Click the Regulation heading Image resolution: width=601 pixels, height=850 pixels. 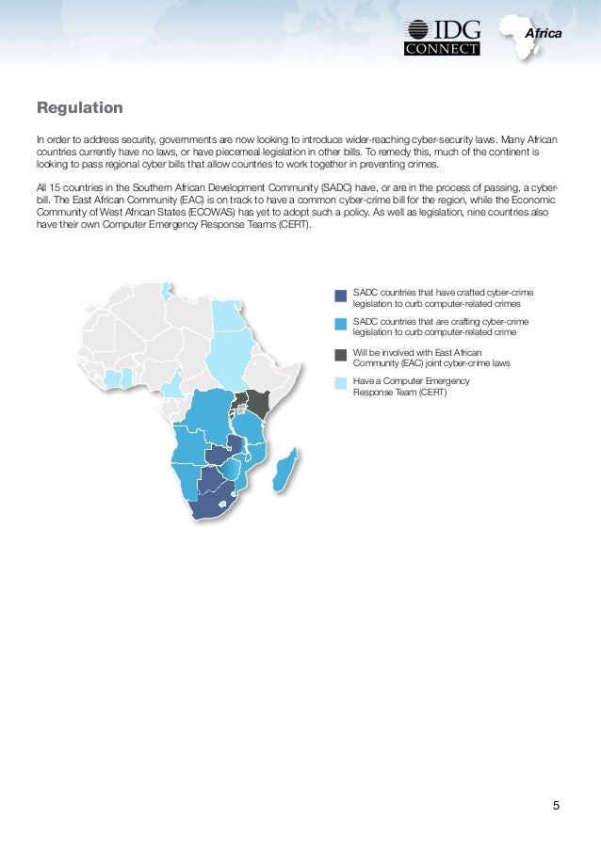point(79,107)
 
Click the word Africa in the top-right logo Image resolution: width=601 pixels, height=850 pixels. point(542,34)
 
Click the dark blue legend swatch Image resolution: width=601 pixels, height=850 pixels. point(340,296)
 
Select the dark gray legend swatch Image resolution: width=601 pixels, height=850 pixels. point(340,355)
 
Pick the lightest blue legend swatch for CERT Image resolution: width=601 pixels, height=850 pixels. point(340,383)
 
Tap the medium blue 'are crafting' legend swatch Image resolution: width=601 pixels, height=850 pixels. point(340,324)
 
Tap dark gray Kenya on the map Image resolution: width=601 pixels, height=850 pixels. point(258,403)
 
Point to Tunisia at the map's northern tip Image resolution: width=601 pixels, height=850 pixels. point(168,289)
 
